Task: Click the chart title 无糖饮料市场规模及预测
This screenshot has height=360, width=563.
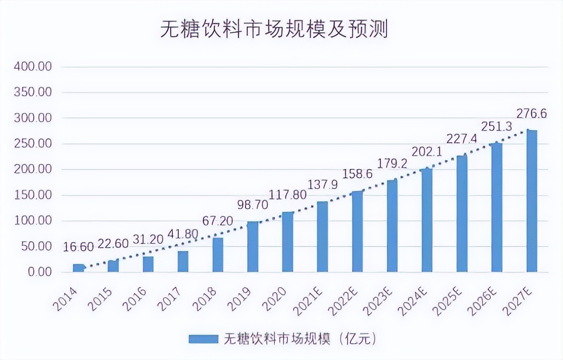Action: coord(274,30)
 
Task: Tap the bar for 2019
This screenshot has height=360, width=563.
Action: coord(253,247)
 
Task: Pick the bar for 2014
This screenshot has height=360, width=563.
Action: coord(78,268)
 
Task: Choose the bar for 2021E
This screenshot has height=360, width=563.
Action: coord(322,237)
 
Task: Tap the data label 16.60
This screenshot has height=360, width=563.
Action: coord(78,247)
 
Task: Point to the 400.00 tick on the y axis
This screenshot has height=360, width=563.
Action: coord(33,67)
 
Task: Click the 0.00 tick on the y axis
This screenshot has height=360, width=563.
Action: coord(39,272)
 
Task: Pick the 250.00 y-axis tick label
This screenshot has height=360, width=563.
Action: coord(33,144)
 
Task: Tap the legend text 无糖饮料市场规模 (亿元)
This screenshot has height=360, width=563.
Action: coord(300,339)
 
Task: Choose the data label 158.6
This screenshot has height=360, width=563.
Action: coord(357,174)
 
